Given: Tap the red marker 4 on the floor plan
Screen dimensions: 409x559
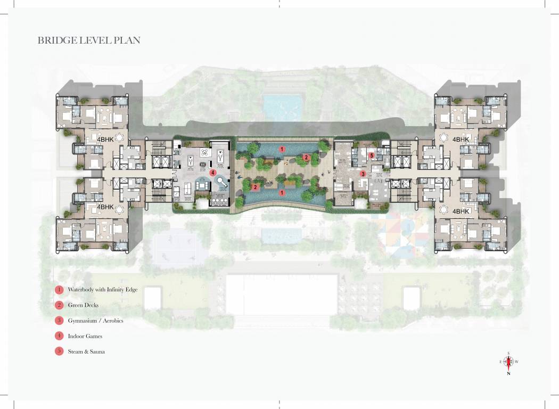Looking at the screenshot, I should (x=212, y=172).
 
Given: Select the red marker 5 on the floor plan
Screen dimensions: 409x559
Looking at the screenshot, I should (x=372, y=156).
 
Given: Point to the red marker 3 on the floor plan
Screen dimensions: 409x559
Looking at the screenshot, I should (x=363, y=174).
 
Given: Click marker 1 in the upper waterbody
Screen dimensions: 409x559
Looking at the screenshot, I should (x=283, y=150).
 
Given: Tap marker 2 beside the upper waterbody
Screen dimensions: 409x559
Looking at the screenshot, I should (x=306, y=157).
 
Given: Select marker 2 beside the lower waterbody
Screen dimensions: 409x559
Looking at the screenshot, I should (x=256, y=187).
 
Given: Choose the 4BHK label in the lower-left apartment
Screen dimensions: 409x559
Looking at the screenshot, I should (x=105, y=207).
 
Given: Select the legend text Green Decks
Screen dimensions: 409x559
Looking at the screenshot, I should (x=83, y=305).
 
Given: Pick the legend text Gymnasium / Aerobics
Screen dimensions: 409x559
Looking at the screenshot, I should (x=95, y=321).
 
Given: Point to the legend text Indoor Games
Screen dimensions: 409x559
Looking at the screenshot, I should (x=85, y=336).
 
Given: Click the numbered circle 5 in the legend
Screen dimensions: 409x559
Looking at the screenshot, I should (x=59, y=351).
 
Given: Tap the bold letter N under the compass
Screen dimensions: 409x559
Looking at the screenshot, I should (x=509, y=373).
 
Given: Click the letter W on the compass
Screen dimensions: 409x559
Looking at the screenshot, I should (x=516, y=362).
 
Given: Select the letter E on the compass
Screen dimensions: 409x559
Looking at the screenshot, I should (x=501, y=362).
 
